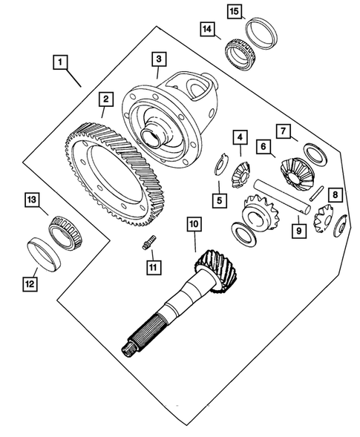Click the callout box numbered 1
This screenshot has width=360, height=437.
[x=60, y=62]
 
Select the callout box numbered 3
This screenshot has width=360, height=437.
[x=159, y=59]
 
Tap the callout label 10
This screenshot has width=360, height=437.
[x=194, y=224]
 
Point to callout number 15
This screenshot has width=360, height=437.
[x=234, y=12]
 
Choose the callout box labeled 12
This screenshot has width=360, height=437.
[x=30, y=284]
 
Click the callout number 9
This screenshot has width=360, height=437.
[x=299, y=231]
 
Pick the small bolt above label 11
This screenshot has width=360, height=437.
[x=149, y=242]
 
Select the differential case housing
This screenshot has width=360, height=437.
[x=169, y=120]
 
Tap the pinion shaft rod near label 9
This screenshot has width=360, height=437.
[x=281, y=196]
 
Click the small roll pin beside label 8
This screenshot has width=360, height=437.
[x=316, y=193]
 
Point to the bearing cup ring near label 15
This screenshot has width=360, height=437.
[x=261, y=33]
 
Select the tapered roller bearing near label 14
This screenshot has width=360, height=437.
[x=240, y=54]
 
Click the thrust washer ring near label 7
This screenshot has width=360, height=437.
[x=315, y=154]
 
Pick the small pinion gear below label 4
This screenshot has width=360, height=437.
[x=241, y=176]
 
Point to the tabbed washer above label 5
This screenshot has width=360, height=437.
[x=221, y=165]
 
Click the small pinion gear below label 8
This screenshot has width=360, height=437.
[x=324, y=218]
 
